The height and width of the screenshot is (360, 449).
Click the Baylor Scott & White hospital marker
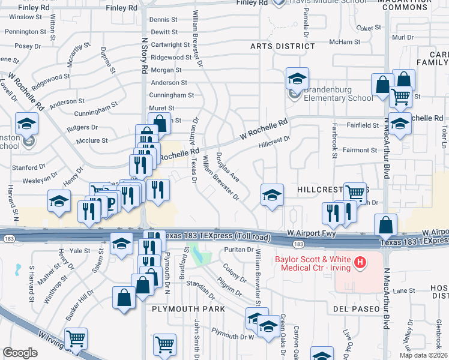click(360, 262)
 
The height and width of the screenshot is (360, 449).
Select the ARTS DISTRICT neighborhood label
click(283, 46)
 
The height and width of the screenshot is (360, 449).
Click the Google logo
click(20, 353)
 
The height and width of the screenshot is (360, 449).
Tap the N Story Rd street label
click(144, 54)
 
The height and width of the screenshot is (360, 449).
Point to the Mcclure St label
click(92, 141)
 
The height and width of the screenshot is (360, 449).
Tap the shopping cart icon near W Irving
click(76, 339)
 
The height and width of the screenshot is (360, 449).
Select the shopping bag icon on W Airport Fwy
click(385, 226)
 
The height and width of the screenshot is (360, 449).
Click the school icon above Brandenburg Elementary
click(297, 78)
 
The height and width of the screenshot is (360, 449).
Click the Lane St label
click(408, 290)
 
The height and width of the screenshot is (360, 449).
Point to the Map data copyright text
click(423, 355)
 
